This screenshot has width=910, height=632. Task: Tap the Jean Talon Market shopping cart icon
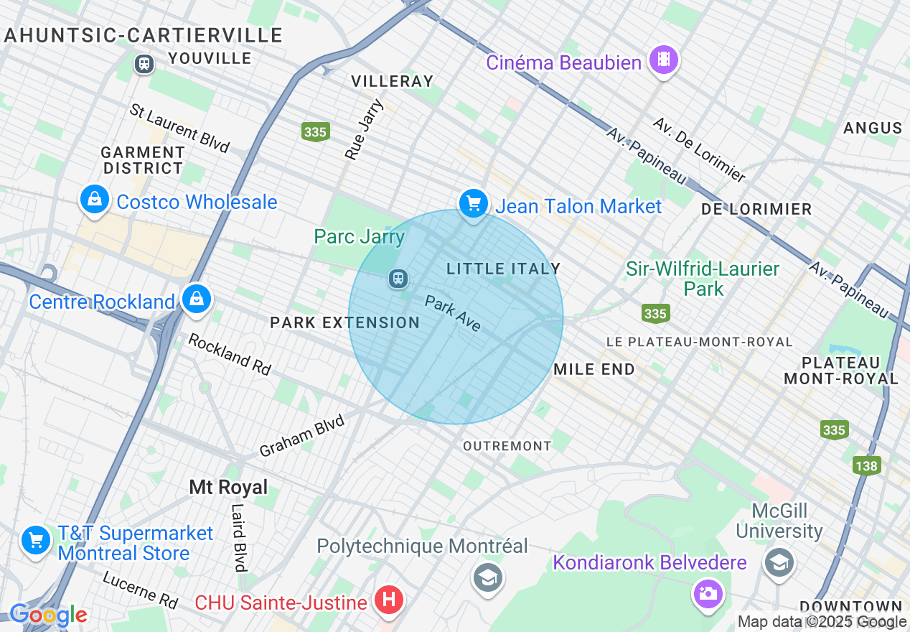473,204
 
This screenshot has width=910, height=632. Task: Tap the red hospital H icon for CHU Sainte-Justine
388,600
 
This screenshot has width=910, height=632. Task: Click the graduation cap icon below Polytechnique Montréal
488,576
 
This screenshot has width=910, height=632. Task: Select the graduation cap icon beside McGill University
778,562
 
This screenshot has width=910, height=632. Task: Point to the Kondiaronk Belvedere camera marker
707,593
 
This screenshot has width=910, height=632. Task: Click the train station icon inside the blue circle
398,278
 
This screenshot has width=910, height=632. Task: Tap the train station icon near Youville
144,64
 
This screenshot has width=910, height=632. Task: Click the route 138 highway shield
866,466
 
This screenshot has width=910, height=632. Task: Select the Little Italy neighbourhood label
503,269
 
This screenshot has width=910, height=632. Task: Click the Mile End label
594,369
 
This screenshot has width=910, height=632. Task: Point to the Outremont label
507,446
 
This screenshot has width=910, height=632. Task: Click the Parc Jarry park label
359,236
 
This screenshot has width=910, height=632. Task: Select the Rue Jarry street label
365,129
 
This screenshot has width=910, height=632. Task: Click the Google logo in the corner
48,615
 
